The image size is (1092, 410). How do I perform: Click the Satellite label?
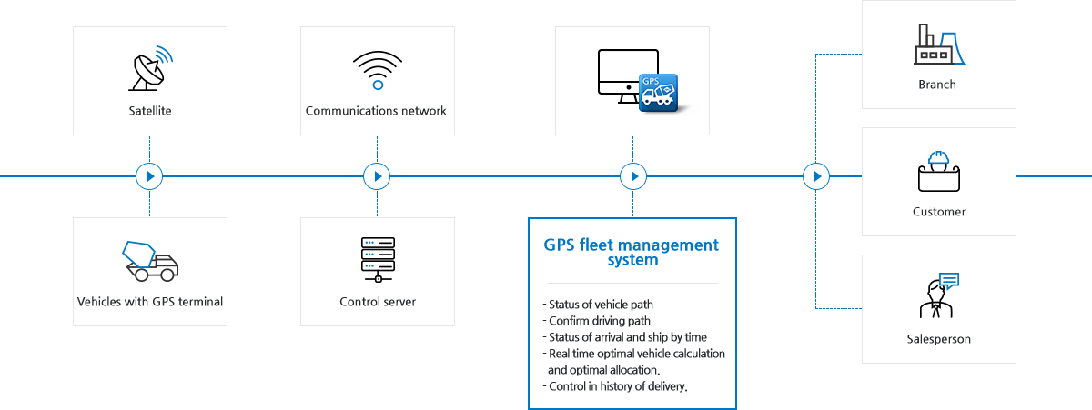coord(150,112)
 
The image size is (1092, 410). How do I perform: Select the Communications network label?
coord(377,112)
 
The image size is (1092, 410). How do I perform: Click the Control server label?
coord(378,302)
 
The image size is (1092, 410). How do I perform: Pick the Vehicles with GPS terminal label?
coord(150,302)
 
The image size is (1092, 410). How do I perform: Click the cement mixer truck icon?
coord(150,261)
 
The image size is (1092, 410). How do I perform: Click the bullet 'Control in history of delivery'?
coord(616,386)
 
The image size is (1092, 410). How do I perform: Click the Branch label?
coord(937,85)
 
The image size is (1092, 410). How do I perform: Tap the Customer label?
coord(938,212)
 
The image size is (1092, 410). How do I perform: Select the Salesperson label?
coord(938,339)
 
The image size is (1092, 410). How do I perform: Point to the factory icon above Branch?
coord(938,45)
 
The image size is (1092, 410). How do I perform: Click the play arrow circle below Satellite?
coord(149,176)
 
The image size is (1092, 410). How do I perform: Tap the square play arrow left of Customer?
coord(815,176)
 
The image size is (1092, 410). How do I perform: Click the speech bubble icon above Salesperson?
coord(948,280)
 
